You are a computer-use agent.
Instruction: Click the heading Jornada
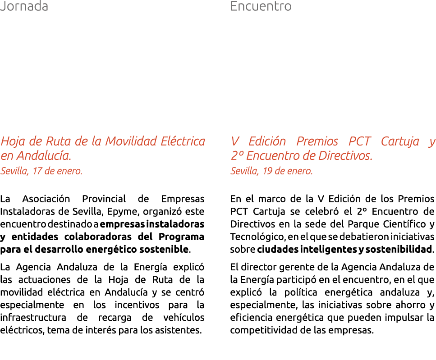coord(24,7)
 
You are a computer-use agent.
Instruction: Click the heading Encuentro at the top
coord(261,7)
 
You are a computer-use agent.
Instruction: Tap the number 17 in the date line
coord(37,171)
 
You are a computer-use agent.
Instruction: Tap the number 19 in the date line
coord(268,171)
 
